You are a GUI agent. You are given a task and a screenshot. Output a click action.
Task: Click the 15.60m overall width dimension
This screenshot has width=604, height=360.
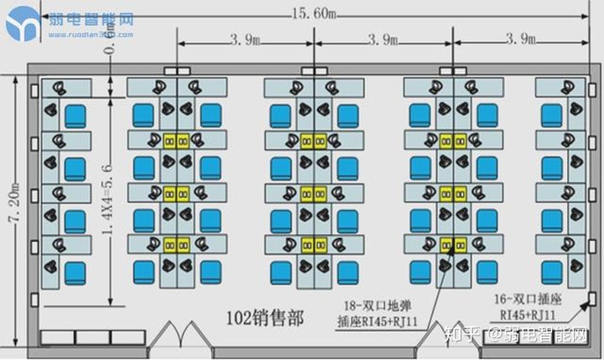[x=314, y=13]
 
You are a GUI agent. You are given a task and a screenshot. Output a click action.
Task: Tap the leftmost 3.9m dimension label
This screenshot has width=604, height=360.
[x=243, y=39]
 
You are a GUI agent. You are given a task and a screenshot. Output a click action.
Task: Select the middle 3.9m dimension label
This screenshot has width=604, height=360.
[x=382, y=39]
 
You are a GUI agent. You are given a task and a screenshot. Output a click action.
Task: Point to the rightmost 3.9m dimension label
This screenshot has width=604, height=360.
[x=521, y=39]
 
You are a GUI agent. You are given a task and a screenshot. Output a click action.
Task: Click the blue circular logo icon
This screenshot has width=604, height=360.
[x=23, y=23]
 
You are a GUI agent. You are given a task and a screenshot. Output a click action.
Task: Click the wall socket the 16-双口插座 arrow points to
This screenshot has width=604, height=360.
[x=592, y=298]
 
